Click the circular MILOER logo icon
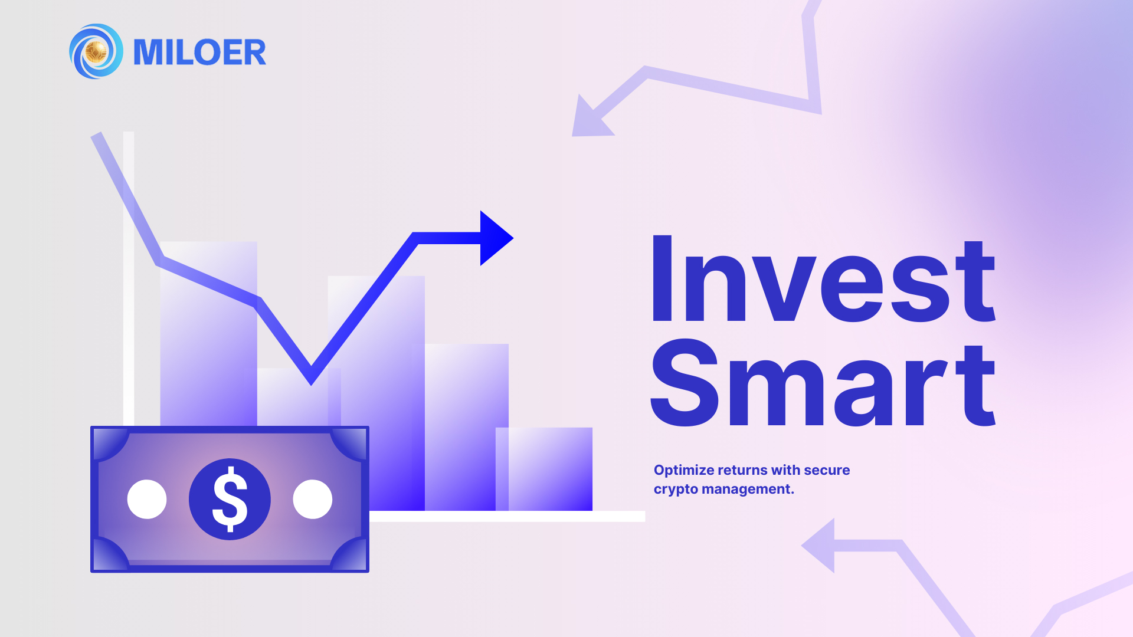96,51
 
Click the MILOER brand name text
199,52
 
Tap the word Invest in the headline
823,279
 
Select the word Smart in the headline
823,383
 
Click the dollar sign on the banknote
230,499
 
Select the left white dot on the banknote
147,499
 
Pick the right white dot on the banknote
313,499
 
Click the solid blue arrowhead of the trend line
495,238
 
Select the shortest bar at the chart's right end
549,469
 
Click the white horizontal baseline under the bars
507,516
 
